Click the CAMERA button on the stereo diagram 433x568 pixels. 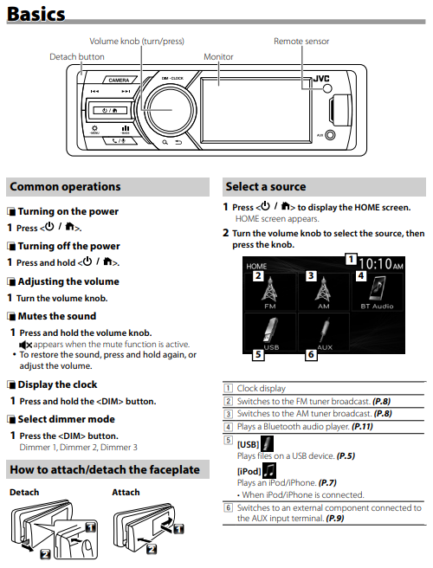click(x=119, y=80)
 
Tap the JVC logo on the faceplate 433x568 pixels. click(x=321, y=79)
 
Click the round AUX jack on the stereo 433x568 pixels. click(x=330, y=135)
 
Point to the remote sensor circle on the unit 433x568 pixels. click(x=327, y=88)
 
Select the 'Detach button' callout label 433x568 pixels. click(x=77, y=57)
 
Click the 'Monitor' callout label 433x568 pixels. click(x=218, y=57)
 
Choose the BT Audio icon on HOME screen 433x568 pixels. click(x=378, y=288)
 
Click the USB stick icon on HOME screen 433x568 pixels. click(x=270, y=330)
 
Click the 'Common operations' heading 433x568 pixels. click(x=65, y=186)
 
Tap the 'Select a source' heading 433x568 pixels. click(x=266, y=186)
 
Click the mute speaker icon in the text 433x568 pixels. click(x=25, y=345)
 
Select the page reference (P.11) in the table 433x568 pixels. click(x=362, y=427)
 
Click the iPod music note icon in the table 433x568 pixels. click(x=268, y=470)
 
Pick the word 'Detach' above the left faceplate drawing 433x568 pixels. click(x=24, y=493)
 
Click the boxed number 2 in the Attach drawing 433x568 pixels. click(x=152, y=549)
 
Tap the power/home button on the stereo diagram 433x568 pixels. click(x=110, y=110)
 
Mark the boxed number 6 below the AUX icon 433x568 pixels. click(x=311, y=354)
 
